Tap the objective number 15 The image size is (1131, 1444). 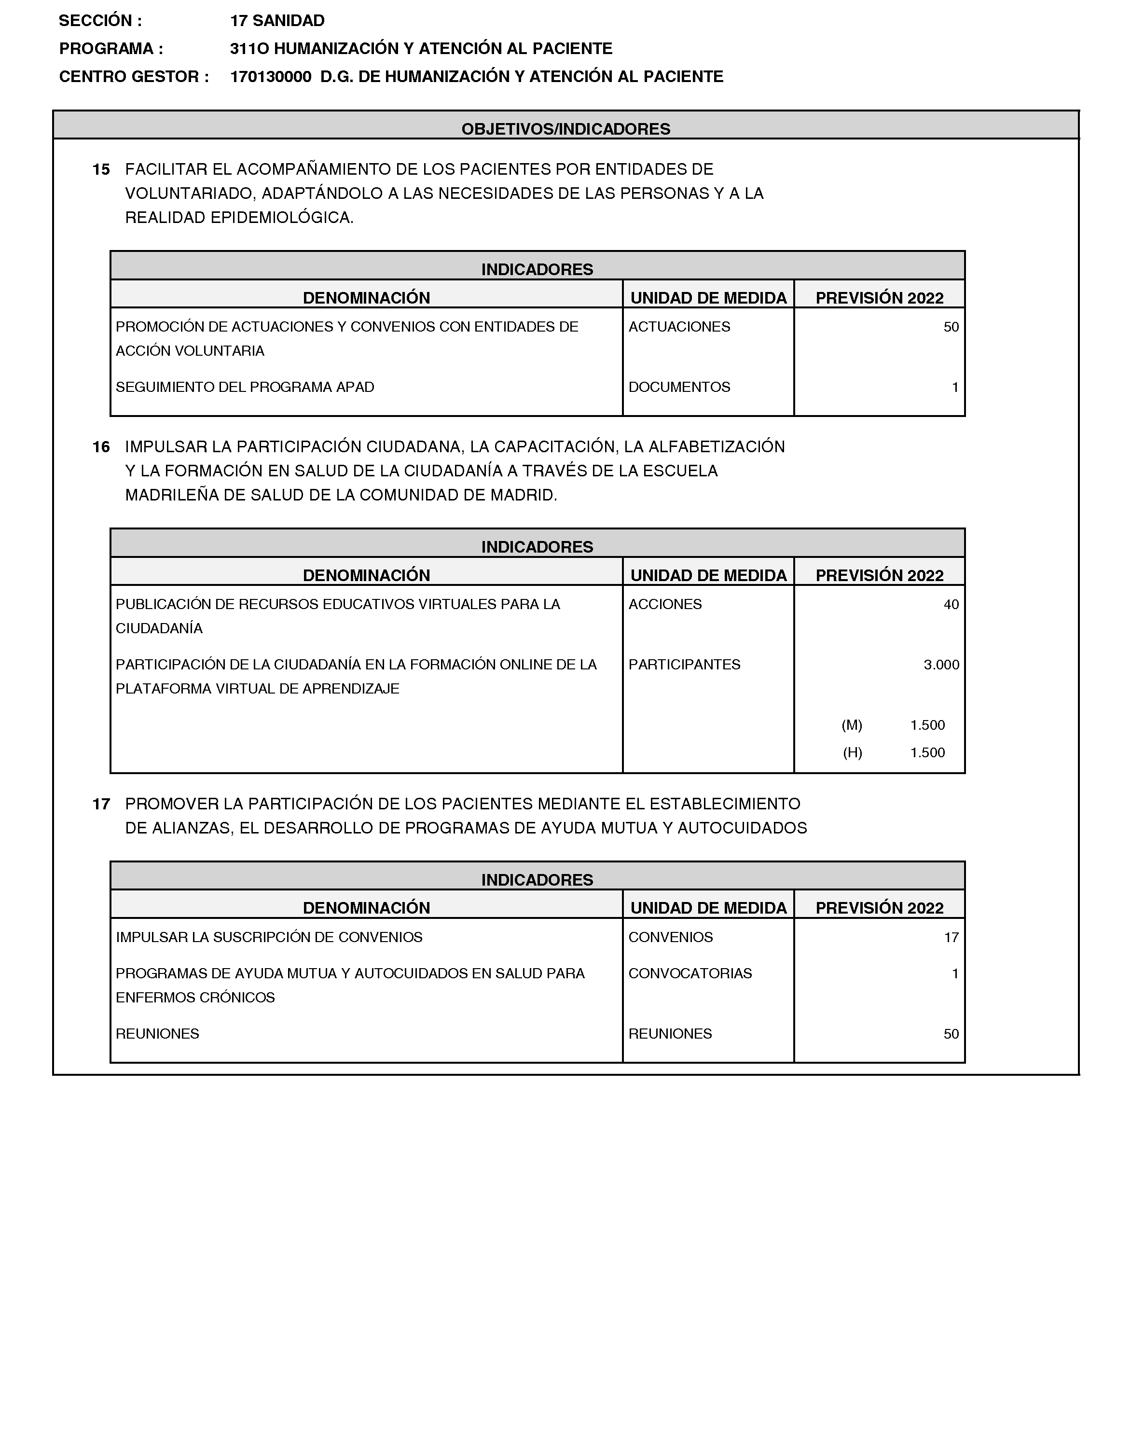click(101, 169)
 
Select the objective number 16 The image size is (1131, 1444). click(101, 447)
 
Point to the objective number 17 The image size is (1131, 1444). click(101, 804)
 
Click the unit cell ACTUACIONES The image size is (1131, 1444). click(679, 327)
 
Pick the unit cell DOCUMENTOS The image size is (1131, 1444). click(679, 387)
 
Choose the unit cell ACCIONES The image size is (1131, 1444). click(665, 604)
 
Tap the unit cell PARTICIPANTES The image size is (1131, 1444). click(684, 665)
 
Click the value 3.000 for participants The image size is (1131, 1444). click(941, 665)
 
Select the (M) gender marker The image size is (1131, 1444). click(852, 725)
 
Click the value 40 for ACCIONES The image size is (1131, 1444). click(951, 604)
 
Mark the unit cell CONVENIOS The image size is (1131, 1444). click(670, 937)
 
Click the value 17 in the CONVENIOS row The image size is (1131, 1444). click(951, 937)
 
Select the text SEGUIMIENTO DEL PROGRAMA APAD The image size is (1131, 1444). click(245, 387)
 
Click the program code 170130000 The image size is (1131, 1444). click(271, 77)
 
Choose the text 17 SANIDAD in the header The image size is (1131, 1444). click(277, 21)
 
